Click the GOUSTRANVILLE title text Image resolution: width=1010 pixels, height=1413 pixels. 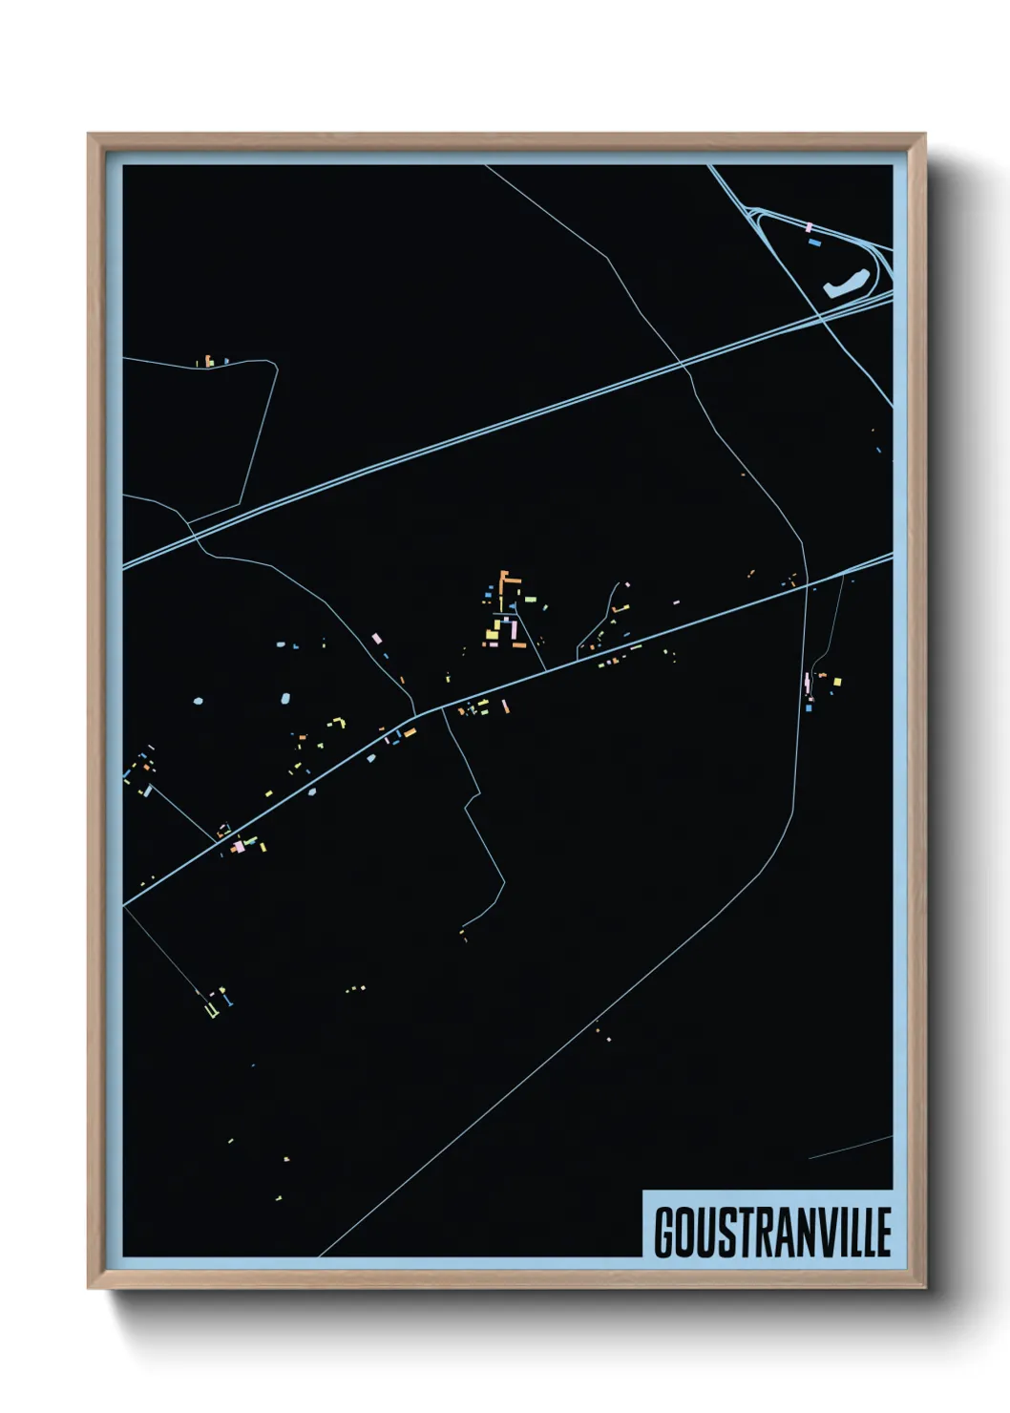click(771, 1232)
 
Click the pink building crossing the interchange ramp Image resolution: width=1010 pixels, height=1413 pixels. click(809, 227)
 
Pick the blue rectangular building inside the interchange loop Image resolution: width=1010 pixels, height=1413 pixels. click(814, 243)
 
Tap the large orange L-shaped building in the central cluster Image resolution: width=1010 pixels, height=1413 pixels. click(507, 581)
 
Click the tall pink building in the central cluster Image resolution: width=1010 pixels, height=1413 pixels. click(513, 630)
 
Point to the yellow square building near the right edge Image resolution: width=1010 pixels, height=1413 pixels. click(837, 682)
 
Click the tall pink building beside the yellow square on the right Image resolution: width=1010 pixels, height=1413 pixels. click(809, 684)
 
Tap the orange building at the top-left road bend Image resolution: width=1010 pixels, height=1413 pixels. click(207, 362)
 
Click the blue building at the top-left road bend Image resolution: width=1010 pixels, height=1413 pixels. click(226, 362)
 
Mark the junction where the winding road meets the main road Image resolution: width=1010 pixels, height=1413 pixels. click(417, 712)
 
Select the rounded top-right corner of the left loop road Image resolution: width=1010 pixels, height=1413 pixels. click(272, 364)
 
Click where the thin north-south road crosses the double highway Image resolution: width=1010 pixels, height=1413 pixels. click(681, 364)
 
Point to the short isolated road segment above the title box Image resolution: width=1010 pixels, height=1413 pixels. click(850, 1148)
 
